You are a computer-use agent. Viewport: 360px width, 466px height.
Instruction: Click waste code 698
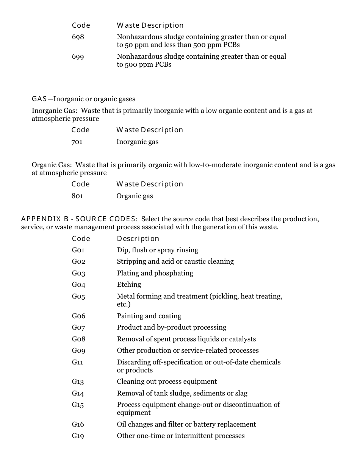pos(78,37)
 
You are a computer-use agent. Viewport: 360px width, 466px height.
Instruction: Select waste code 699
pos(78,56)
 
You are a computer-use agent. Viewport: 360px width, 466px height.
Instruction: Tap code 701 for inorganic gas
pos(77,142)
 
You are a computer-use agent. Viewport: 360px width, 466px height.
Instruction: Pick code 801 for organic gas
pos(77,196)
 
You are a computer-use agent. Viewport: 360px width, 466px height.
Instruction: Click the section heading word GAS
pos(39,99)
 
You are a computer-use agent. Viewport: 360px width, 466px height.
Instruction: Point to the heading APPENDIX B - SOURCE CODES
pos(80,219)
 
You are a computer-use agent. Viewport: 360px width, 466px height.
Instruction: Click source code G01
pos(78,250)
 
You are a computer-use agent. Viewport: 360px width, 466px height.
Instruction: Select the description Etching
pos(129,285)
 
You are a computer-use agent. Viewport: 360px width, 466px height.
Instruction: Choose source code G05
pos(78,296)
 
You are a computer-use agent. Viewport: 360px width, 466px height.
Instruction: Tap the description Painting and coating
pos(149,316)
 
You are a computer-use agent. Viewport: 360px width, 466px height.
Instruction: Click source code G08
pos(78,339)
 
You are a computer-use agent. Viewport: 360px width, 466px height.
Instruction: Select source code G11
pos(77,362)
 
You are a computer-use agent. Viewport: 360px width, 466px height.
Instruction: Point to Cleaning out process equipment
pos(167,382)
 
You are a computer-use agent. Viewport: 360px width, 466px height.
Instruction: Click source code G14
pos(78,393)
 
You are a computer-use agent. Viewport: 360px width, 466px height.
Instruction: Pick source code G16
pos(78,424)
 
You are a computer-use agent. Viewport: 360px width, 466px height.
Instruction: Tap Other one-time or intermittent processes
pos(180,436)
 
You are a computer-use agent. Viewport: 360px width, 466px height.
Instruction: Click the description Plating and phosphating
pos(155,273)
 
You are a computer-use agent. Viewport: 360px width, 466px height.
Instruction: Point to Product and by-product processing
pos(171,327)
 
